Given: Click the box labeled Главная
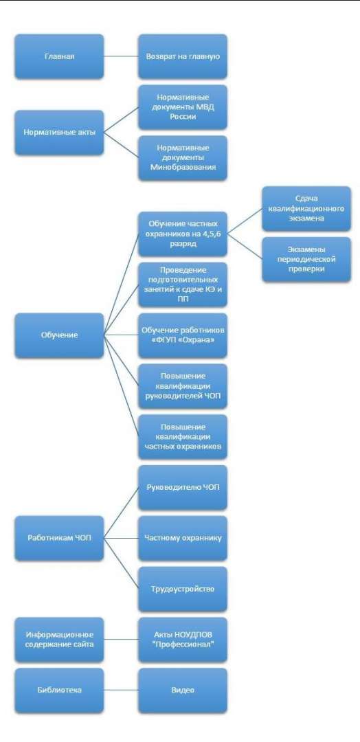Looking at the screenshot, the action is point(59,57).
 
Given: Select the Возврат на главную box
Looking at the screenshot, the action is point(183,57).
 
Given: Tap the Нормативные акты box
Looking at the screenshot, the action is point(59,133).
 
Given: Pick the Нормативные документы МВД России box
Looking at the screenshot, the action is point(183,107).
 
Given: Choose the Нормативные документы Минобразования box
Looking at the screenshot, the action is point(183,158).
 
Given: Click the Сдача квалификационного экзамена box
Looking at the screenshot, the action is point(306,209).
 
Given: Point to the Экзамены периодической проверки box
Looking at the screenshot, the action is point(306,259).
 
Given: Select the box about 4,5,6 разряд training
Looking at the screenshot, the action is point(183,234).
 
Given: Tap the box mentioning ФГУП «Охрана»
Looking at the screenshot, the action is point(183,335).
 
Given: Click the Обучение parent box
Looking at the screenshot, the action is point(59,335).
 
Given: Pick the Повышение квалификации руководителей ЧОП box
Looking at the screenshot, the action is point(183,385).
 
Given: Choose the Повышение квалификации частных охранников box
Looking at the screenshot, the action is point(183,436).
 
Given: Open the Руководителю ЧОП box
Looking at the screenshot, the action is point(183,487).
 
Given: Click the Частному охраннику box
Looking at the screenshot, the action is point(183,537).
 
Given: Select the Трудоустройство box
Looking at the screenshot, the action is point(183,589).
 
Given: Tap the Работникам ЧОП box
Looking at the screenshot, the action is point(59,537).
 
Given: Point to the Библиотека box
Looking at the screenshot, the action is point(59,690).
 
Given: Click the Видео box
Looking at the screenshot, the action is point(183,690).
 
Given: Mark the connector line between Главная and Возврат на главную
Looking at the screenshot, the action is point(121,57).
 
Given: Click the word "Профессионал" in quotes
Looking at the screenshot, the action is point(183,644).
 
